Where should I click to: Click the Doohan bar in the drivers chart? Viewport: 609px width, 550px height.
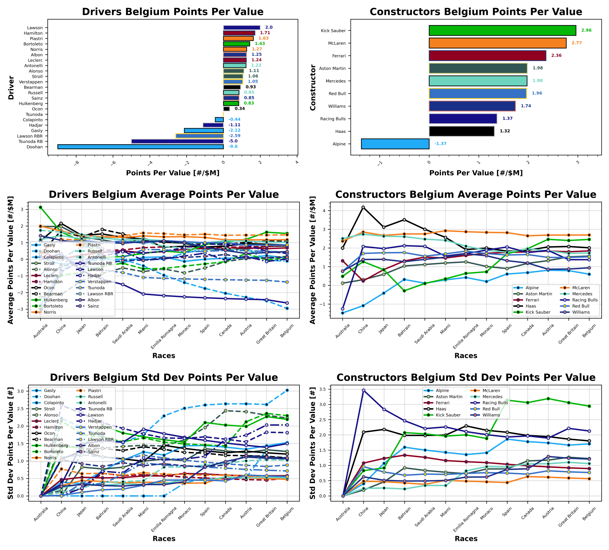(140, 147)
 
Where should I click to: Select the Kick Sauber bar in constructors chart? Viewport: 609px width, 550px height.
(502, 31)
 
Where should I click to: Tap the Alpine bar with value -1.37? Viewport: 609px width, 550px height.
(395, 144)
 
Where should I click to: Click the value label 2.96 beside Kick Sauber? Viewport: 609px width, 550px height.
(586, 30)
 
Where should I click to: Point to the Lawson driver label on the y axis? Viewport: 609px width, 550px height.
(35, 28)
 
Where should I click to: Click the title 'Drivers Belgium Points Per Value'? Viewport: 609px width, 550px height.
(173, 12)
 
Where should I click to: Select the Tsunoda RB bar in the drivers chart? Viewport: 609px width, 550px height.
(177, 141)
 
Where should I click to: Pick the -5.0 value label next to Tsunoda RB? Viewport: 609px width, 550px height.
(233, 141)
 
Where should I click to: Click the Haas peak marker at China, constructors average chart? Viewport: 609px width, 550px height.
(363, 207)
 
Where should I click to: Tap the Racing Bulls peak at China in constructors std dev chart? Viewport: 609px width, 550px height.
(363, 390)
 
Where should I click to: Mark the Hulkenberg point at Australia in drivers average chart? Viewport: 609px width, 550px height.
(41, 207)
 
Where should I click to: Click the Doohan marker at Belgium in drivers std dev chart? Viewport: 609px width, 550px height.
(287, 390)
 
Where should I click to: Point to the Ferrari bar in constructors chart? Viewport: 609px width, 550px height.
(487, 56)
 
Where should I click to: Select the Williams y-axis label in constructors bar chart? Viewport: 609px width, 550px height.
(337, 106)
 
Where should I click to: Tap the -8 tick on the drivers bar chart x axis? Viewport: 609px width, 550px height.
(76, 163)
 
